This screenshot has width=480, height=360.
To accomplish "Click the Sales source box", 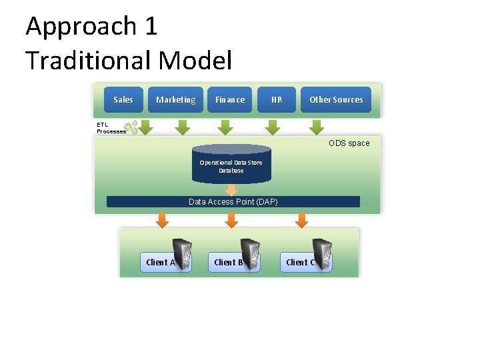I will (x=123, y=100).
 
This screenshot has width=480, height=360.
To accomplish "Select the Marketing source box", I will (x=175, y=100).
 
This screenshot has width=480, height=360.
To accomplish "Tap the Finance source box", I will (x=230, y=100).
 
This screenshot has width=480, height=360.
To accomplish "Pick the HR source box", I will (x=277, y=100).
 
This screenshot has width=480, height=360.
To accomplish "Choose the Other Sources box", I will (x=336, y=100).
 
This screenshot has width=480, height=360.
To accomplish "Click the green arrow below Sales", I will (x=145, y=127).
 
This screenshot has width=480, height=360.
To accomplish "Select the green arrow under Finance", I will (x=226, y=127).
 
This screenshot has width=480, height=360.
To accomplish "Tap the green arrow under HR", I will (x=272, y=127).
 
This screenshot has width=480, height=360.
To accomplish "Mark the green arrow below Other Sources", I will (x=317, y=127).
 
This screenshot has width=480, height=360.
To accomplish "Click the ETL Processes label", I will (x=110, y=128).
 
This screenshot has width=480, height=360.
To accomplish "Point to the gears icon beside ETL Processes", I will (x=132, y=127).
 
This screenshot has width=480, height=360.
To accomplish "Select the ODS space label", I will (x=349, y=143).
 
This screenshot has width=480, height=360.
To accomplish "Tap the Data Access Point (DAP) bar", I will (x=233, y=201).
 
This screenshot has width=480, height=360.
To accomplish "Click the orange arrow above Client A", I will (x=161, y=220).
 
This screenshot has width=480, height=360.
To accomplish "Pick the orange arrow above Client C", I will (x=302, y=220).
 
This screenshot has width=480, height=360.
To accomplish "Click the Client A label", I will (x=159, y=263).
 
